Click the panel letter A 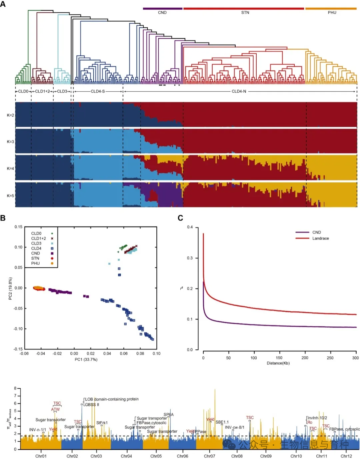tap(3, 4)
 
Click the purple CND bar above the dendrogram tap(163, 8)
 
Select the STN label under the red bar tap(245, 13)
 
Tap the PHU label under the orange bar tap(332, 13)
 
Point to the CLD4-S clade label tap(98, 91)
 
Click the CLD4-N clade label tap(239, 91)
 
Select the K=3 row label tap(10, 142)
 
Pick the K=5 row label tap(10, 196)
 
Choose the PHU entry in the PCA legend tap(35, 263)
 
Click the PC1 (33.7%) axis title tap(86, 359)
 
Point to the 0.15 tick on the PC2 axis tap(18, 227)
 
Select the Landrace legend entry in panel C tap(320, 238)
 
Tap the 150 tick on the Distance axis tap(279, 358)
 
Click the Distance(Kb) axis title tap(278, 363)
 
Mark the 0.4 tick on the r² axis tap(190, 227)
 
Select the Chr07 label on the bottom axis tap(209, 456)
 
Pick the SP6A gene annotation tap(168, 415)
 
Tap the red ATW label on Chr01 tap(55, 409)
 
